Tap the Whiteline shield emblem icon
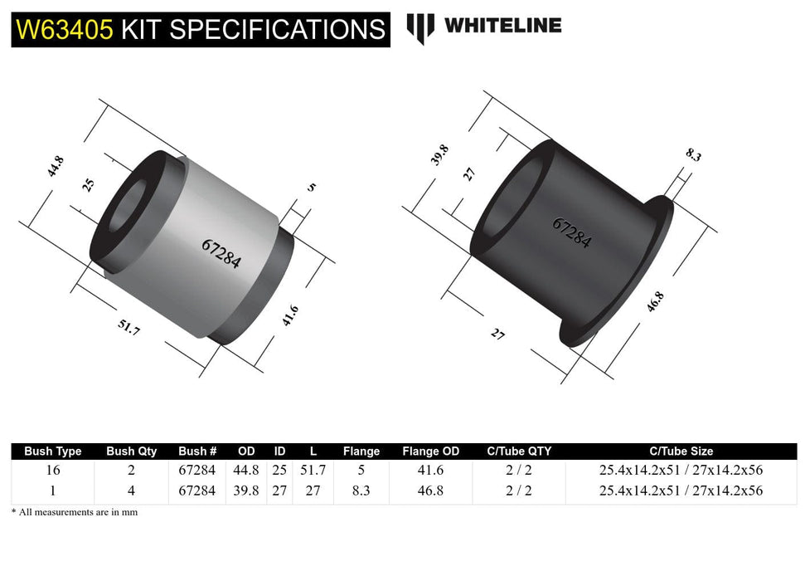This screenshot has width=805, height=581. (420, 27)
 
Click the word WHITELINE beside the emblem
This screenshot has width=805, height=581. (502, 26)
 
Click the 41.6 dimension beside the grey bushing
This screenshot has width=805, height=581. (290, 316)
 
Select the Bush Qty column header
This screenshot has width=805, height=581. (131, 452)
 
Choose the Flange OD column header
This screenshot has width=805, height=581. (430, 452)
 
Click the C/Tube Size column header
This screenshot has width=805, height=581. (681, 452)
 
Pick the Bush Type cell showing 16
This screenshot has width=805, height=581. (52, 471)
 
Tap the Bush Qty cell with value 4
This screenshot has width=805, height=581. (131, 491)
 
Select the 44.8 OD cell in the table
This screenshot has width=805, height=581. (246, 471)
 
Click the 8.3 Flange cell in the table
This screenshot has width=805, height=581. (361, 491)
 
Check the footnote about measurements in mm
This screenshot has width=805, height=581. (75, 512)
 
